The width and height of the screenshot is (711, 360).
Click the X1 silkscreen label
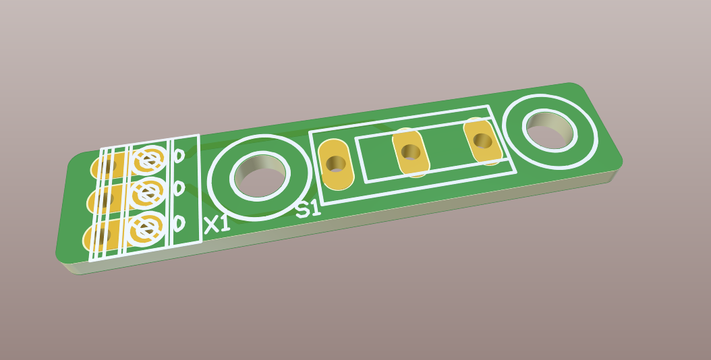click(x=217, y=224)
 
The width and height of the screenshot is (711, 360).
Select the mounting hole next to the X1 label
click(x=259, y=177)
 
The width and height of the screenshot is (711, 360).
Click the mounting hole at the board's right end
click(x=549, y=129)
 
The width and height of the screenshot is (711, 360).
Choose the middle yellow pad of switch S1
click(x=411, y=153)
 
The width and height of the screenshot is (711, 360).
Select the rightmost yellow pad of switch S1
click(x=483, y=142)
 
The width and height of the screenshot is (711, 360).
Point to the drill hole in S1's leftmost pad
click(x=336, y=163)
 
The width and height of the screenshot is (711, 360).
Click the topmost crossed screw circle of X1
click(x=148, y=160)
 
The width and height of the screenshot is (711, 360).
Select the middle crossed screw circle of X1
click(x=147, y=193)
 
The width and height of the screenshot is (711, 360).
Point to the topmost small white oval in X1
click(x=179, y=156)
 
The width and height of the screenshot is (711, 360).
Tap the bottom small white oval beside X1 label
click(x=179, y=222)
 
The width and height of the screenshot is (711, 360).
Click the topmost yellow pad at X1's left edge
click(x=108, y=165)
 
